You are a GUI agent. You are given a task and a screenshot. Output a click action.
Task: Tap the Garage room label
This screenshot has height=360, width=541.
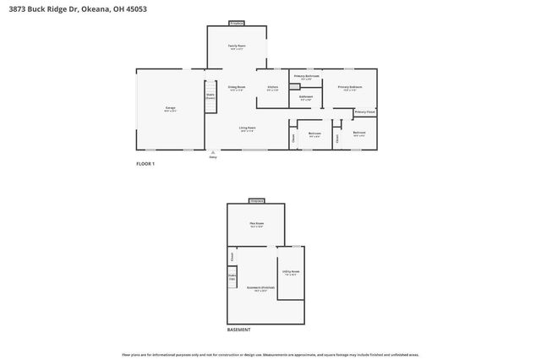click(x=170, y=109)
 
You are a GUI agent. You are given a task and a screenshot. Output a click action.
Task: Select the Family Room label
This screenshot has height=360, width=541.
click(x=237, y=47)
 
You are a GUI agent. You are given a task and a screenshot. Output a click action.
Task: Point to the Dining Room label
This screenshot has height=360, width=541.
click(x=237, y=88)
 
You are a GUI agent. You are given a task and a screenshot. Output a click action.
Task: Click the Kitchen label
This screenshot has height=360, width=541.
click(x=273, y=88)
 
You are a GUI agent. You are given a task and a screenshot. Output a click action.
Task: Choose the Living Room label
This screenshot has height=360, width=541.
click(x=248, y=128)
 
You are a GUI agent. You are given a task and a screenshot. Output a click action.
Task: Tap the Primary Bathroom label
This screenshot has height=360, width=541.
click(x=306, y=78)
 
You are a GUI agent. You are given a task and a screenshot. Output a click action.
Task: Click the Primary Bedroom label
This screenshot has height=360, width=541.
click(x=350, y=87)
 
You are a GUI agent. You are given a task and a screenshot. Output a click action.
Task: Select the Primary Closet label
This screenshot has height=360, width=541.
click(x=365, y=112)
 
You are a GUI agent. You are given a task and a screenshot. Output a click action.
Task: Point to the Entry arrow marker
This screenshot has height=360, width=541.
click(x=213, y=154)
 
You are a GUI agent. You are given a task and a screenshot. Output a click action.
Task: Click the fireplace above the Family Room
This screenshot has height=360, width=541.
click(x=237, y=23)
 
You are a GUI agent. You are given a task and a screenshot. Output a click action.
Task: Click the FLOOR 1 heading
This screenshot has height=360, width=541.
click(x=145, y=163)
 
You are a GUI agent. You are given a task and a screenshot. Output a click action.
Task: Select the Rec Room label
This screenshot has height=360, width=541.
click(x=256, y=224)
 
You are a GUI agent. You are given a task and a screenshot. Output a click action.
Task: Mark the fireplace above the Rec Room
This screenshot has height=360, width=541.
click(x=256, y=201)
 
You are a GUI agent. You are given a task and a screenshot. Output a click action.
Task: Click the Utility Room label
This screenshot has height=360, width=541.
click(x=292, y=272)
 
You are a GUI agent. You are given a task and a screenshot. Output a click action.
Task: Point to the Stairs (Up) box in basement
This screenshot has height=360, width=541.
click(x=232, y=275)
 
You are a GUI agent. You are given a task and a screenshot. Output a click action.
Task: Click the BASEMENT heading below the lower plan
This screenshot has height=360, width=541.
click(x=239, y=330)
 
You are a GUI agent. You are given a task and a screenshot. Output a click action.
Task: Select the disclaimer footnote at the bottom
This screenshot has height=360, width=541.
click(x=270, y=354)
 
